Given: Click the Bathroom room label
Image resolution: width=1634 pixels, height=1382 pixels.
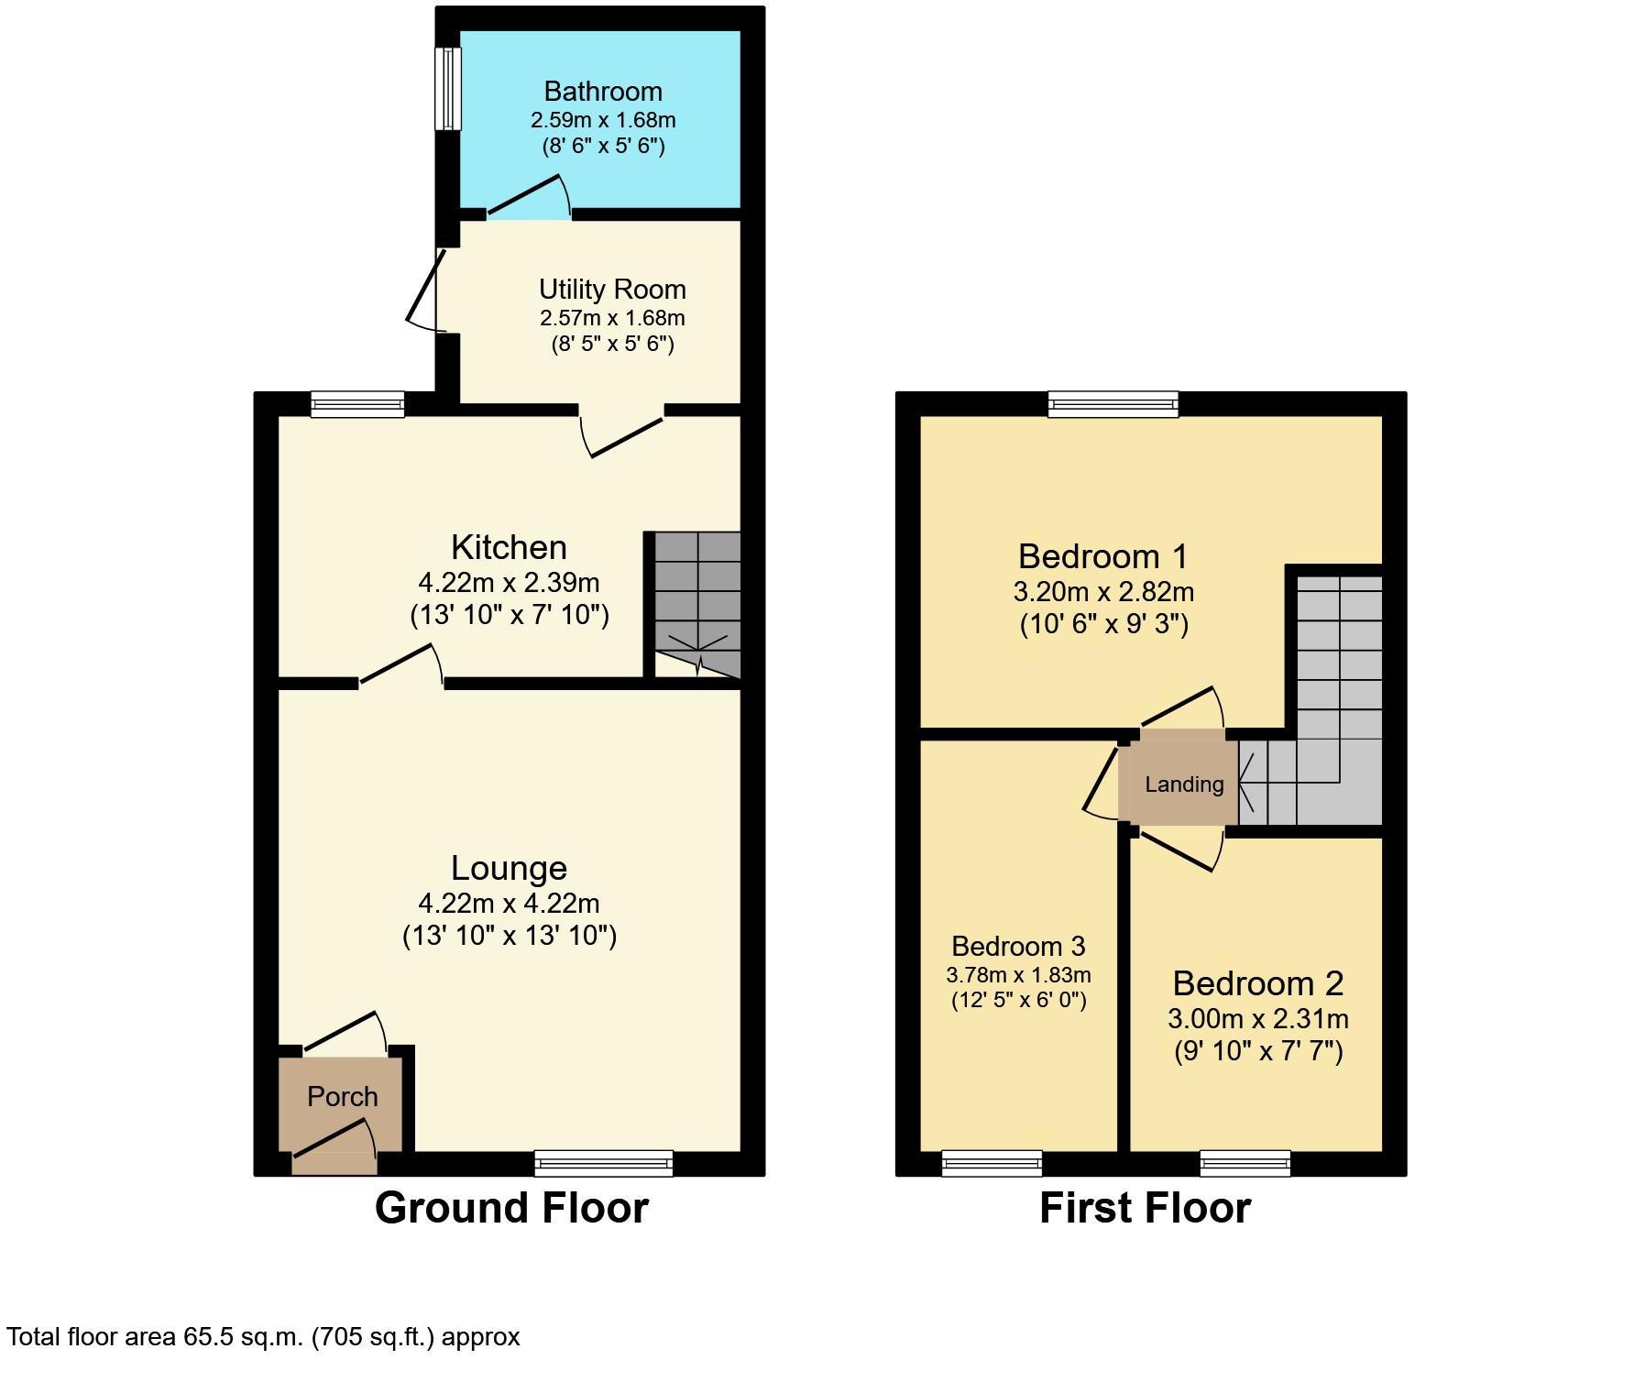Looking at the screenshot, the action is [x=603, y=91].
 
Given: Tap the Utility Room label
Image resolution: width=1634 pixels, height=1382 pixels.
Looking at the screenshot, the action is [x=612, y=290].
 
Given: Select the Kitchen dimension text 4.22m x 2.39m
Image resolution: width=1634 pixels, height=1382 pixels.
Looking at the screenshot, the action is [x=509, y=582].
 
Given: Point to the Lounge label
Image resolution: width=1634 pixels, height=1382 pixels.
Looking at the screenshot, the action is [x=509, y=868].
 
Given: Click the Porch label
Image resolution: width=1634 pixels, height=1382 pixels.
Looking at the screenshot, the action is [x=342, y=1096].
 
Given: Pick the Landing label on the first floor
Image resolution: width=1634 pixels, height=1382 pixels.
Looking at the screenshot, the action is [x=1184, y=784].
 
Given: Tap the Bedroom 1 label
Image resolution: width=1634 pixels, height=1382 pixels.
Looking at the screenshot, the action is [x=1102, y=556].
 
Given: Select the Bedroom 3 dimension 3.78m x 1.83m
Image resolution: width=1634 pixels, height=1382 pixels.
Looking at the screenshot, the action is [x=1018, y=975].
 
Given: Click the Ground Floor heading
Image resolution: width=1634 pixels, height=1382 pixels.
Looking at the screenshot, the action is [x=511, y=1208].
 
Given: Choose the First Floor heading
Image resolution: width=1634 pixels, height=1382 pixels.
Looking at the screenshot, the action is [x=1145, y=1208].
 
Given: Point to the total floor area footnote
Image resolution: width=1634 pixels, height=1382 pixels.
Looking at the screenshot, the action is [x=264, y=1337].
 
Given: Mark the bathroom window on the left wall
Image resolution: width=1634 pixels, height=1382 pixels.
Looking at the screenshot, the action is [x=448, y=88].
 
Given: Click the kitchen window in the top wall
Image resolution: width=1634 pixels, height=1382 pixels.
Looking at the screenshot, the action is [x=357, y=404].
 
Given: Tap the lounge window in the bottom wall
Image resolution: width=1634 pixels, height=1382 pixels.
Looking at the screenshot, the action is [x=604, y=1163].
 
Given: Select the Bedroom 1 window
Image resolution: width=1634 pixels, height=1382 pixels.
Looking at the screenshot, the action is [x=1113, y=404].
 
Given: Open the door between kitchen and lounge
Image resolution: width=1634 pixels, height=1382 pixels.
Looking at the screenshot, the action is [x=401, y=664].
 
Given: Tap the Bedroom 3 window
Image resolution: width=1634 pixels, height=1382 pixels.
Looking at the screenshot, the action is [x=992, y=1163].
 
